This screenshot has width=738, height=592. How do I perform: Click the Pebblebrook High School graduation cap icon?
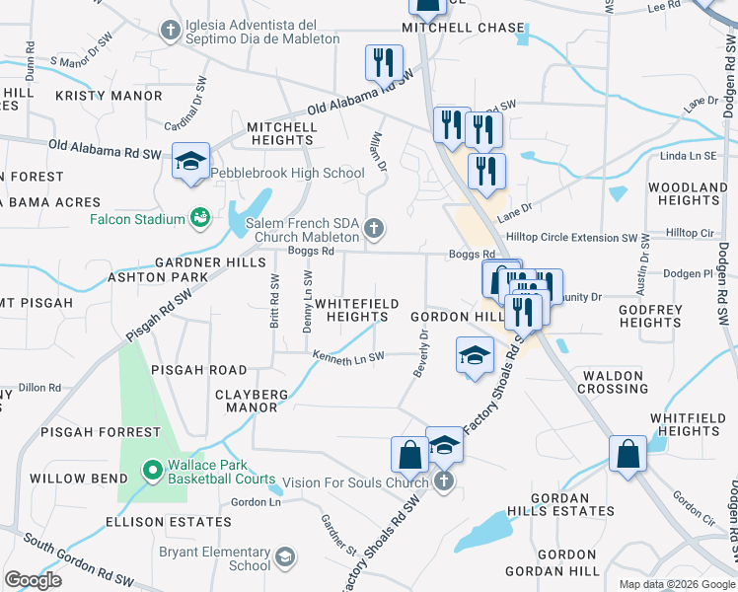click(190, 162)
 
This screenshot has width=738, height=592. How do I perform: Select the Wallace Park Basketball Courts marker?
click(151, 471)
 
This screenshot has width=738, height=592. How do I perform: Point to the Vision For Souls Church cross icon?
click(444, 481)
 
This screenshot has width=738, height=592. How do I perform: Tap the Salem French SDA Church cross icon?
click(373, 230)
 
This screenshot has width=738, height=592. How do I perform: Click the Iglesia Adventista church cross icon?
click(170, 32)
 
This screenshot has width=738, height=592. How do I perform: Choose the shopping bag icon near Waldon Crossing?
click(627, 455)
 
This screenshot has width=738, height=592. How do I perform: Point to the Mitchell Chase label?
click(463, 28)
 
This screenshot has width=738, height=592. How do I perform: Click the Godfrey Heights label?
click(650, 316)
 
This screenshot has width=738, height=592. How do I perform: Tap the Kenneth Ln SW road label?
click(349, 355)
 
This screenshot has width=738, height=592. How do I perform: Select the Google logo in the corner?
click(34, 579)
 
